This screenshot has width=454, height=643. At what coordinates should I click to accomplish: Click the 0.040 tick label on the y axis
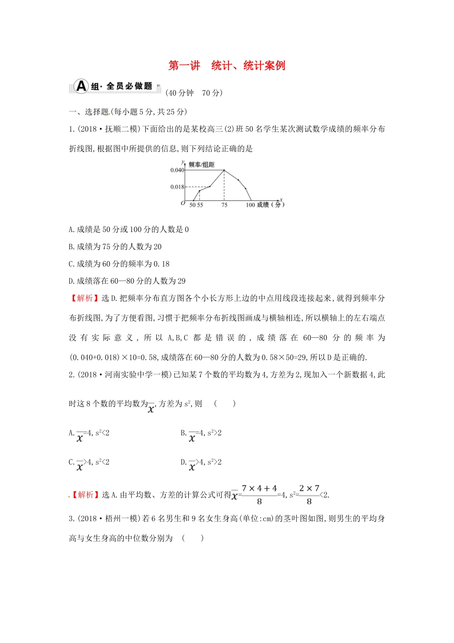pyautogui.click(x=177, y=170)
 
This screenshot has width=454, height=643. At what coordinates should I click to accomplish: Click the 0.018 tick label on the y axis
pyautogui.click(x=177, y=187)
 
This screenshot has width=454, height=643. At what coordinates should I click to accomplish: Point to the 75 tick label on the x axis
pyautogui.click(x=224, y=205)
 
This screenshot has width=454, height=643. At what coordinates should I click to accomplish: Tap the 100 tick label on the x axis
pyautogui.click(x=250, y=205)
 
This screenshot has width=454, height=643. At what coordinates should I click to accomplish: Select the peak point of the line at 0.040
pyautogui.click(x=224, y=170)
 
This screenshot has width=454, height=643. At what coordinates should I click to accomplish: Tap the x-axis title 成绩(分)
pyautogui.click(x=270, y=205)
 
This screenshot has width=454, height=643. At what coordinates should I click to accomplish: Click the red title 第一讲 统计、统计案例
pyautogui.click(x=227, y=66)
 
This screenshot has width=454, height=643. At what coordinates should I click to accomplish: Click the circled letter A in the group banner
pyautogui.click(x=82, y=86)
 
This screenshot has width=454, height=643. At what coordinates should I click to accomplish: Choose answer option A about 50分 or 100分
pyautogui.click(x=129, y=230)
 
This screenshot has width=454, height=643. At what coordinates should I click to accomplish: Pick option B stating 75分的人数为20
pyautogui.click(x=115, y=247)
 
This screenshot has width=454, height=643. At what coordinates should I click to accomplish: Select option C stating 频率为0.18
pyautogui.click(x=119, y=264)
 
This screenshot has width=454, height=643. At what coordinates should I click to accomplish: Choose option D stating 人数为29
pyautogui.click(x=127, y=281)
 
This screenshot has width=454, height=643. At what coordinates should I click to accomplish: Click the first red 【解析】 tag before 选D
pyautogui.click(x=85, y=298)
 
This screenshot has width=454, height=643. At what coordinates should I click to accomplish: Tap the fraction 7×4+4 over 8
pyautogui.click(x=259, y=495)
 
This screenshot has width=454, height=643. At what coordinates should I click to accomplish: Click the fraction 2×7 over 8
pyautogui.click(x=309, y=495)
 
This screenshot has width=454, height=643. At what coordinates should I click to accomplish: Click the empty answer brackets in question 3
pyautogui.click(x=193, y=538)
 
